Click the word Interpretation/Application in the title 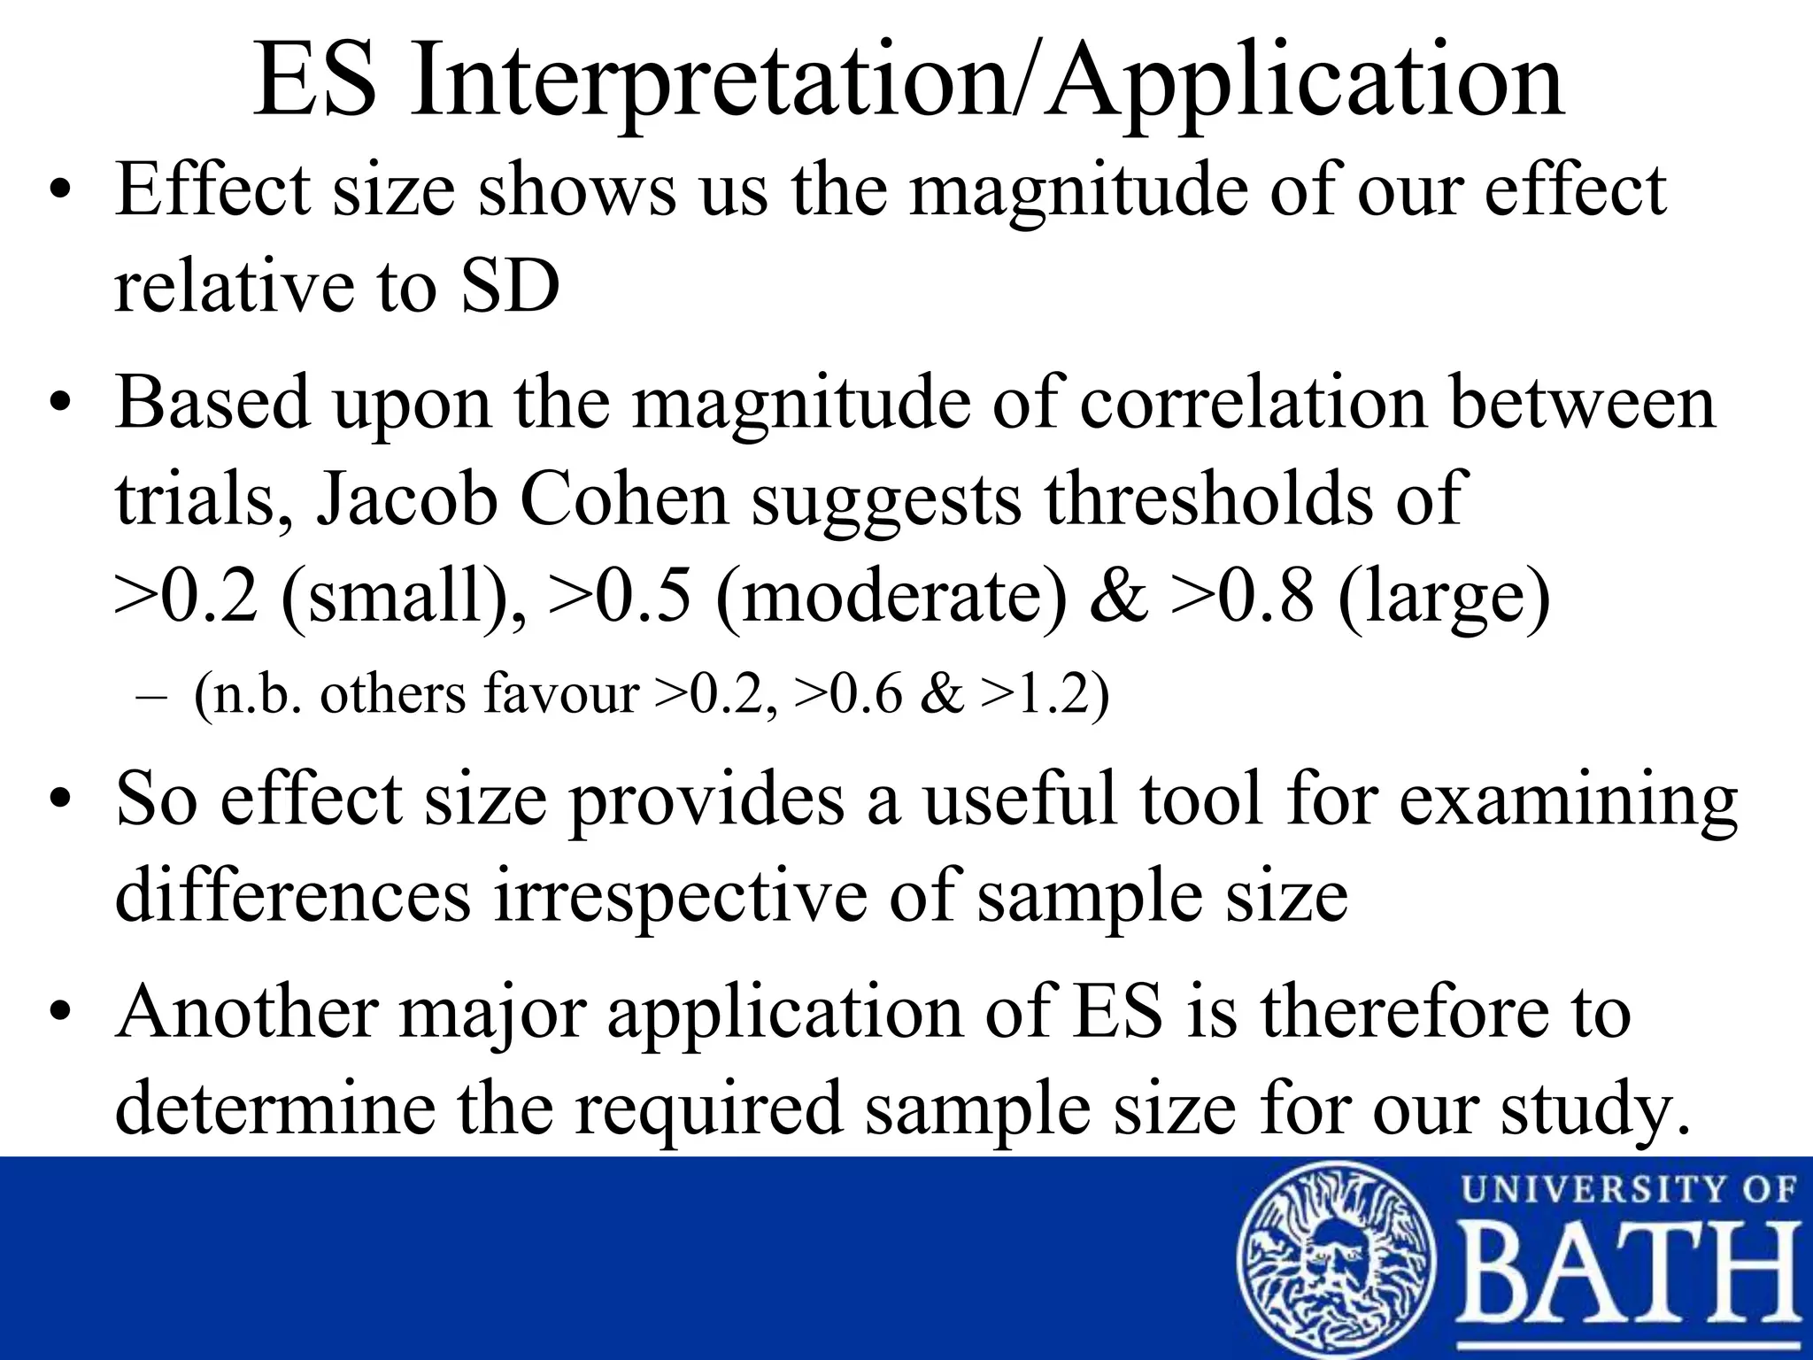pos(986,82)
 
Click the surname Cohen pos(624,498)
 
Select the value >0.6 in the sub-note pos(850,693)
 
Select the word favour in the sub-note pos(561,693)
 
